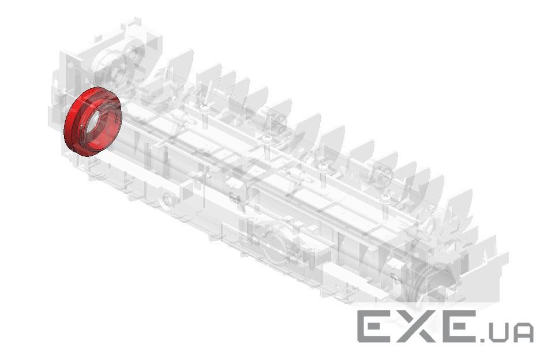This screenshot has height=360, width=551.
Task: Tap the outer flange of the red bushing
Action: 70,126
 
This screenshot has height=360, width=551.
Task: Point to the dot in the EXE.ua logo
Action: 481,339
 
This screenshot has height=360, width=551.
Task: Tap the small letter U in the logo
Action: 497,332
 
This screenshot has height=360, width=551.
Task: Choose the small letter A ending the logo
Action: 523,332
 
